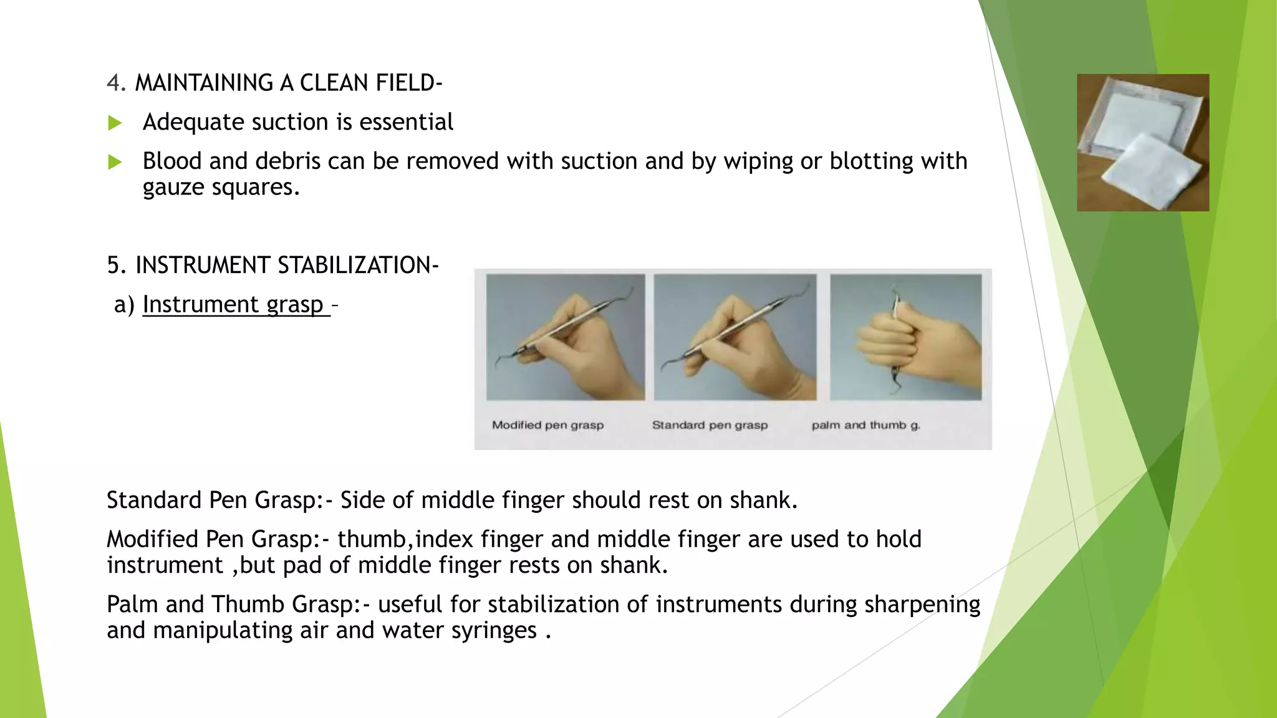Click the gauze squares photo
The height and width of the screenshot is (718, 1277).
point(1142,143)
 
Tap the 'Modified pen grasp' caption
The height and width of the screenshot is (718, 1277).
point(547,425)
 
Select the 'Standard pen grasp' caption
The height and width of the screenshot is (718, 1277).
point(710,425)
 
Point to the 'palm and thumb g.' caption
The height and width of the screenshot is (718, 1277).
point(865,425)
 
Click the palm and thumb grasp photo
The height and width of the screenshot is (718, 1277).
point(905,337)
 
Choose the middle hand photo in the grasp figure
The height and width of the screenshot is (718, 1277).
point(735,337)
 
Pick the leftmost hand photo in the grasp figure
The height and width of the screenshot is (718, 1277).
point(565,337)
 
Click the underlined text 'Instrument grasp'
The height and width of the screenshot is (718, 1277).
point(233,304)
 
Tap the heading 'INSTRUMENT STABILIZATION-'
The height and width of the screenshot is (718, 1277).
point(287,265)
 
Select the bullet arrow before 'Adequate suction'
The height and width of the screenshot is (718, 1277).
point(115,123)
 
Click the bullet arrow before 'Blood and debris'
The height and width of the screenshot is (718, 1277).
point(115,162)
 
